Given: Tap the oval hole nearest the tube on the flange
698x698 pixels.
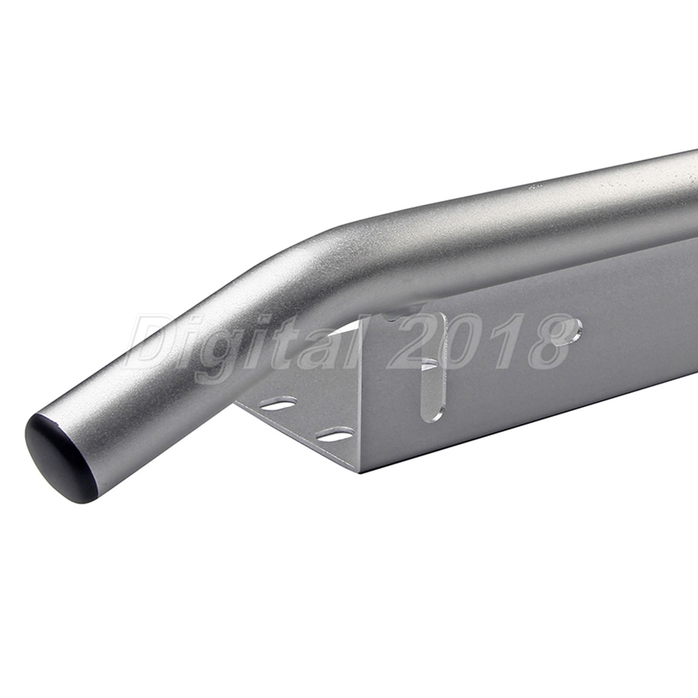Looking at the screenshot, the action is click(279, 405).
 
